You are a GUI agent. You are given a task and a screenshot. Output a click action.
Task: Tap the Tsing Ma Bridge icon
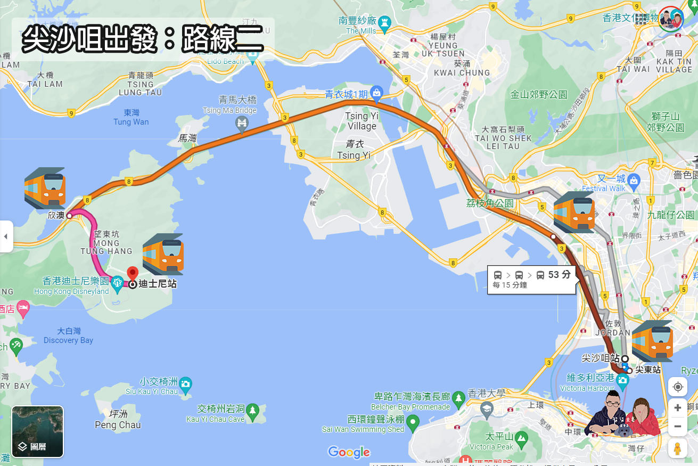[242, 124]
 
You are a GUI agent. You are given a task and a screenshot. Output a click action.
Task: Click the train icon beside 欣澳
[45, 187]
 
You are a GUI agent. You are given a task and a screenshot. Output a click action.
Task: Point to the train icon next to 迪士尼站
[163, 254]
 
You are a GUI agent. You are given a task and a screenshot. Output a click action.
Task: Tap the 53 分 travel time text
[559, 275]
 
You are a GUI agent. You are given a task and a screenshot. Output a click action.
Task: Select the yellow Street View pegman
[677, 448]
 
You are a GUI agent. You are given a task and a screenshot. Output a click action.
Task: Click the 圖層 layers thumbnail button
[38, 431]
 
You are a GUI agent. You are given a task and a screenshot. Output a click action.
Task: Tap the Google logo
[349, 452]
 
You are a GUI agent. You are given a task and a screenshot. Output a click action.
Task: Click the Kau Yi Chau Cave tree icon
[253, 409]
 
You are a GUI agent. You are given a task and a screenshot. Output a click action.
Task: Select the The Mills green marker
[384, 22]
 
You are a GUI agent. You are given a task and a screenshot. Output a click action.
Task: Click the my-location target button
[677, 387]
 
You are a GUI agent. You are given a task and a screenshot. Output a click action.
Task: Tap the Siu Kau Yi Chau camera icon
[185, 383]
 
